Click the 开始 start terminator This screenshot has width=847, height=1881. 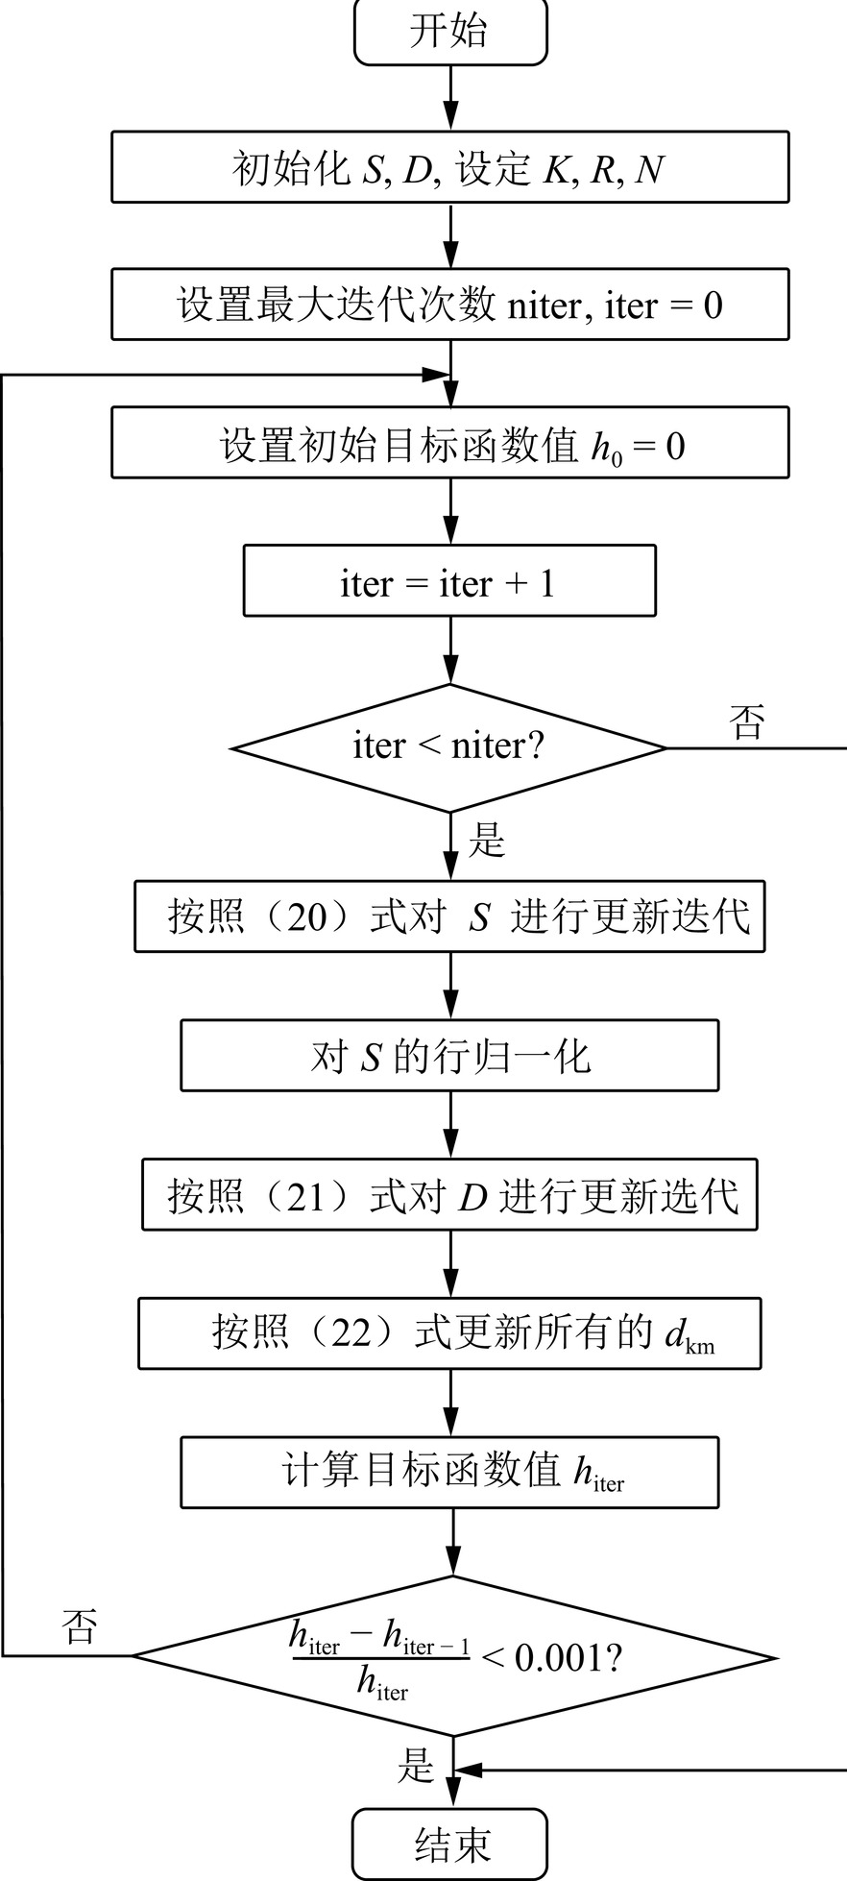(449, 32)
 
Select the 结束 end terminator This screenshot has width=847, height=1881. (449, 1844)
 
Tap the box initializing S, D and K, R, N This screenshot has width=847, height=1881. (449, 168)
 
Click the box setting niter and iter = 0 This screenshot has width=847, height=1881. (449, 305)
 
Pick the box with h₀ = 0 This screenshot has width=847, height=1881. (449, 443)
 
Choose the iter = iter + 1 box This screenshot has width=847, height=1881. (449, 581)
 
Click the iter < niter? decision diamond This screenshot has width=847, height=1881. (449, 746)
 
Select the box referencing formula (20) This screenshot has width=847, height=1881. (449, 916)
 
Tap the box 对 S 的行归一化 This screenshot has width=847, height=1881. (449, 1056)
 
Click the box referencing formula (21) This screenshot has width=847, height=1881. (449, 1195)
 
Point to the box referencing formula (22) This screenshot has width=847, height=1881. (449, 1333)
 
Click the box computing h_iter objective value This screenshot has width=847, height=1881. (449, 1472)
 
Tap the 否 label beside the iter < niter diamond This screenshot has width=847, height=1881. (748, 721)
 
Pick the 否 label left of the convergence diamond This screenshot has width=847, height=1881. (79, 1627)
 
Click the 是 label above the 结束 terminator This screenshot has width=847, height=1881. (416, 1765)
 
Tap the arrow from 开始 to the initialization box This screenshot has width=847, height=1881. (449, 98)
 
